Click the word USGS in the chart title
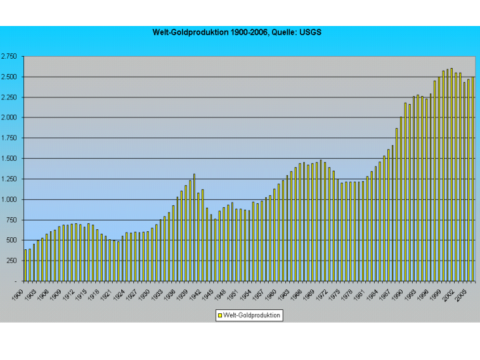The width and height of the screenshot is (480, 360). click(311, 32)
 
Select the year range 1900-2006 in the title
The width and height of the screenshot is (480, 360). click(249, 32)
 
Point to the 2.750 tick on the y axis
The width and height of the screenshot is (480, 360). click(9, 56)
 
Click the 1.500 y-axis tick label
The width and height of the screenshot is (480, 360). click(9, 159)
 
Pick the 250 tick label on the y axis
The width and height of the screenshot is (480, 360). click(13, 261)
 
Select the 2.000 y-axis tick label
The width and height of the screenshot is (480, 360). click(9, 117)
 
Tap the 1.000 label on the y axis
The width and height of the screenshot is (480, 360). click(9, 199)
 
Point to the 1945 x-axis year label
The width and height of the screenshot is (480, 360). click(207, 294)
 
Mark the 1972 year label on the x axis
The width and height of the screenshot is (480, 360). click(321, 294)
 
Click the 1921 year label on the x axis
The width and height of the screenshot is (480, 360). click(107, 294)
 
